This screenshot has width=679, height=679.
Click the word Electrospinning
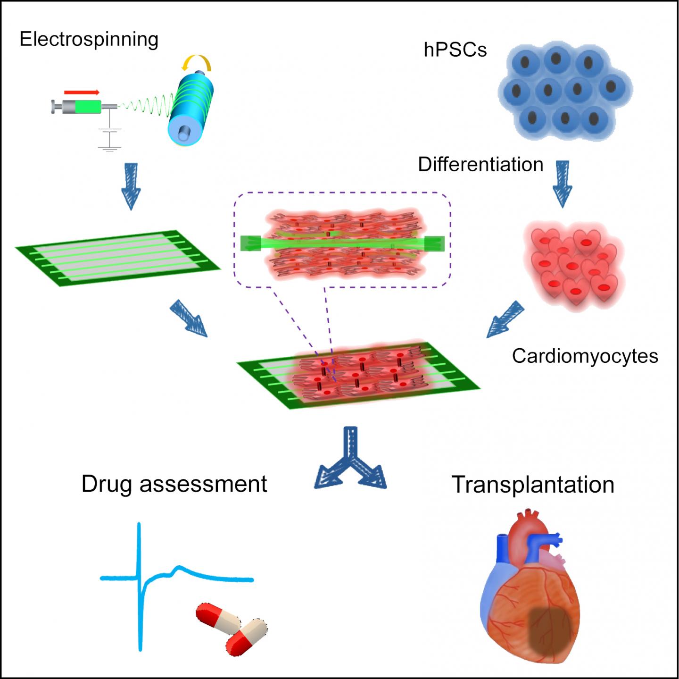click(89, 39)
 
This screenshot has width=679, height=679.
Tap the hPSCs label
click(455, 50)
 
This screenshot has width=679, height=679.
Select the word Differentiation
click(480, 165)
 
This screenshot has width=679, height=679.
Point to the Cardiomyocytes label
click(585, 356)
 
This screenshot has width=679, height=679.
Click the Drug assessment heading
click(174, 484)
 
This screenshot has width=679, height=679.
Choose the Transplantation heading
click(533, 485)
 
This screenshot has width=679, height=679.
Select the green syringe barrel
click(88, 107)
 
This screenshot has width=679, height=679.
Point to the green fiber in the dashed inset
click(342, 243)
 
